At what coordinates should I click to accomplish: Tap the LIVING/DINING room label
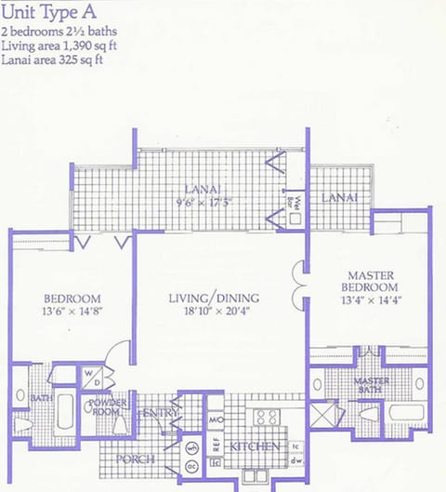click(x=214, y=298)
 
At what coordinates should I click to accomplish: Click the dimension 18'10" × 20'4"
click(x=214, y=312)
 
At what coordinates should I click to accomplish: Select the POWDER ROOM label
click(x=109, y=406)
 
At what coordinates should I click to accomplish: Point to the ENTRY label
click(x=160, y=414)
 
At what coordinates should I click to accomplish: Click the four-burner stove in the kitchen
click(x=268, y=418)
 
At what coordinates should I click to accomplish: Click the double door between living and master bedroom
click(x=298, y=286)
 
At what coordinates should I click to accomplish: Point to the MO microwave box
click(x=216, y=421)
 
